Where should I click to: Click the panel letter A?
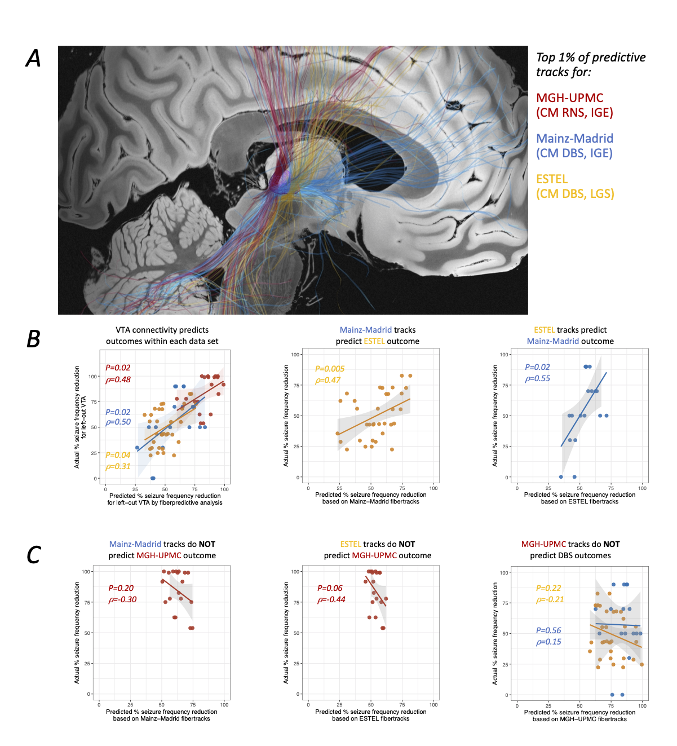pos(34,58)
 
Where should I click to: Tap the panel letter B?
pos(34,339)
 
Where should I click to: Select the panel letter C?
pos(34,555)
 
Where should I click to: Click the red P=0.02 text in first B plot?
pos(118,368)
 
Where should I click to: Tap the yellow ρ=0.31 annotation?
pos(118,466)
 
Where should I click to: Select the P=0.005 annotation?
pos(330,369)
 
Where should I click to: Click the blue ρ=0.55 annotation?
pos(537,378)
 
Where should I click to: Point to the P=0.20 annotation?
pos(121,588)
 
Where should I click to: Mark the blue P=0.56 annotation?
pos(548,630)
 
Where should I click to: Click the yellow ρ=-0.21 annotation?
pos(550,599)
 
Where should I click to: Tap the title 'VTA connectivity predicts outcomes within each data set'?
pos(162,336)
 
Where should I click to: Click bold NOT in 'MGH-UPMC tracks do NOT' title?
pos(611,544)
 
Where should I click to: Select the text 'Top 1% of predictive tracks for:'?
pos(590,64)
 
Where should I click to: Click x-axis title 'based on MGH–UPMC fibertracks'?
pos(579,719)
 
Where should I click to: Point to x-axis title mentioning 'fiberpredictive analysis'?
pos(165,502)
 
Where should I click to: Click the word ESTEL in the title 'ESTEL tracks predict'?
pos(545,330)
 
